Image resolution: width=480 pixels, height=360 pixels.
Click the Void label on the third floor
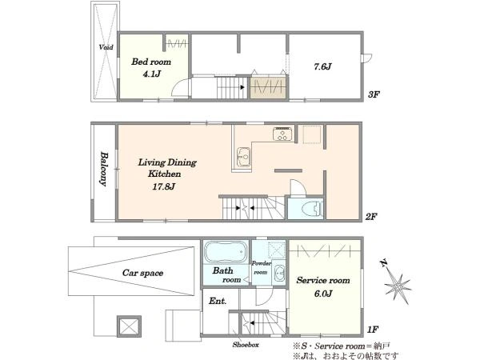(x=106, y=47)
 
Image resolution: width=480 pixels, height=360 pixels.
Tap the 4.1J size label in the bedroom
(x=151, y=74)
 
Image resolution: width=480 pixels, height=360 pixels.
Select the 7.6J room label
(x=322, y=66)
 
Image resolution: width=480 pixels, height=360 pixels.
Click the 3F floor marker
(x=374, y=94)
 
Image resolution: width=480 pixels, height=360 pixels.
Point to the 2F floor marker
(x=371, y=217)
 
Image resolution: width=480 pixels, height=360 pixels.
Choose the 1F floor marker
(x=373, y=330)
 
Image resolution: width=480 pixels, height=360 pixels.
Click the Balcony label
(x=104, y=169)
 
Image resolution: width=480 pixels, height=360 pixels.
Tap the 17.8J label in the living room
(x=164, y=186)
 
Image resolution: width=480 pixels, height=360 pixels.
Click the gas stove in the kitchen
(x=282, y=134)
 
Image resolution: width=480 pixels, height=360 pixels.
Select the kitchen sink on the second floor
(x=244, y=157)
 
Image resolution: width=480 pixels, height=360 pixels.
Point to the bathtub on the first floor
(x=226, y=252)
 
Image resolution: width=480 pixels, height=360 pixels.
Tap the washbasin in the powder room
(x=279, y=273)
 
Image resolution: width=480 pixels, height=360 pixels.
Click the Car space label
(x=142, y=273)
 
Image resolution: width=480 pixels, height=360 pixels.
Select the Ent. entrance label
(x=218, y=302)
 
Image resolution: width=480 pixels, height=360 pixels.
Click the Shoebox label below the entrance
(x=246, y=345)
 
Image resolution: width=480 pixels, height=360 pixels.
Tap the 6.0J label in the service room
(x=323, y=294)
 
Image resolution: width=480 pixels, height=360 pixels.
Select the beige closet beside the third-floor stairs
(x=269, y=87)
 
